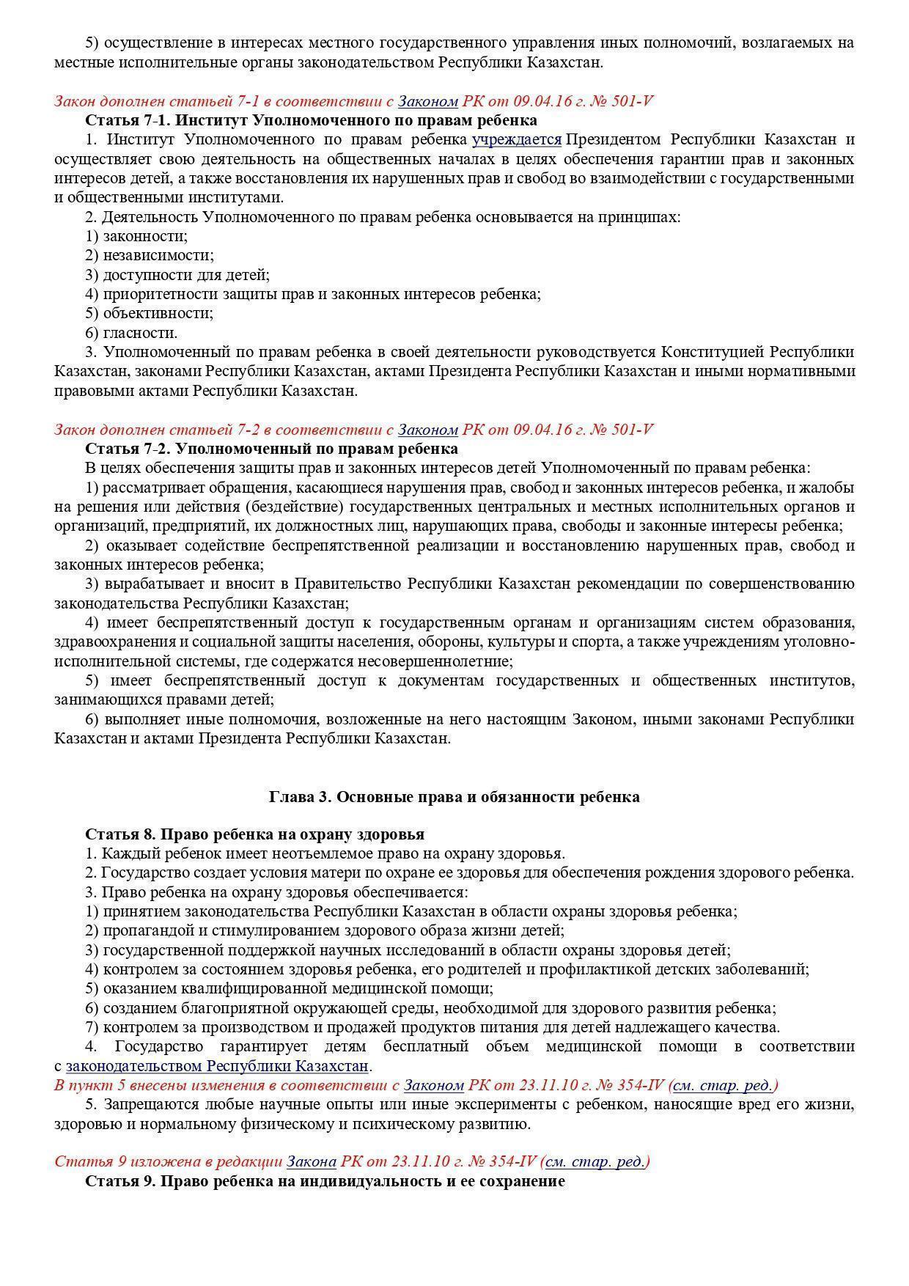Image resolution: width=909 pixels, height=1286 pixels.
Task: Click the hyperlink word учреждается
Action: [x=516, y=139]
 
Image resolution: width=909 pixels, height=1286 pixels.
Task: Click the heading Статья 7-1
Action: [x=311, y=120]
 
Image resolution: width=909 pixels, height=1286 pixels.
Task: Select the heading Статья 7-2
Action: [x=271, y=448]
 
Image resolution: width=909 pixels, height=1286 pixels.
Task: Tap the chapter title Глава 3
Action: [x=454, y=797]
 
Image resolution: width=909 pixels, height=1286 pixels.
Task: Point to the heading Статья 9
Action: [x=325, y=1181]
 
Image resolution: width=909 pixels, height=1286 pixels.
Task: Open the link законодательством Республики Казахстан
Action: [x=217, y=1065]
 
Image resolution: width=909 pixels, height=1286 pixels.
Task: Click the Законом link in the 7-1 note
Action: [x=427, y=101]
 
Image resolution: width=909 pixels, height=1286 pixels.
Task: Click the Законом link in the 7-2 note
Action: [x=427, y=429]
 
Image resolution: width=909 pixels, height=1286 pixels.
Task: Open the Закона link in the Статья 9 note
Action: [x=311, y=1161]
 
